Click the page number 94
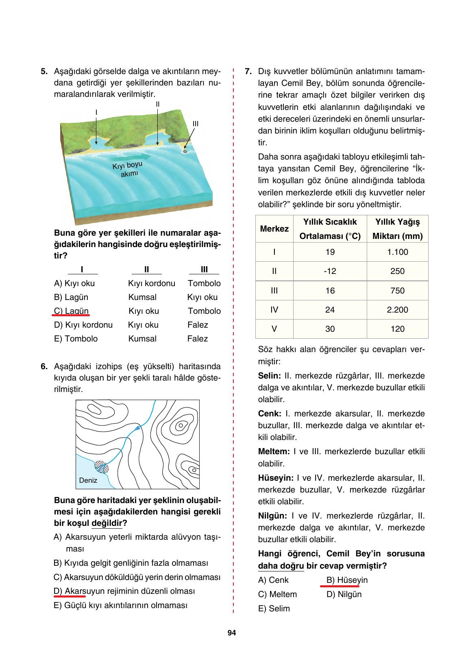point(232,633)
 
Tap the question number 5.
point(44,72)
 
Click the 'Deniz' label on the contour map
point(88,480)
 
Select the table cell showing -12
point(330,271)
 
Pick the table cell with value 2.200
point(397,310)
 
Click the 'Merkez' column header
point(274,229)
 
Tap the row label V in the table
point(274,329)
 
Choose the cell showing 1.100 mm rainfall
point(397,252)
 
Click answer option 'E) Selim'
point(274,608)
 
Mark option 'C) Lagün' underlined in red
point(71,311)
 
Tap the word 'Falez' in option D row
point(198,325)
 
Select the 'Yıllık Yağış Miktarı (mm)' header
point(397,229)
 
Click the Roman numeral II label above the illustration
point(157,104)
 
